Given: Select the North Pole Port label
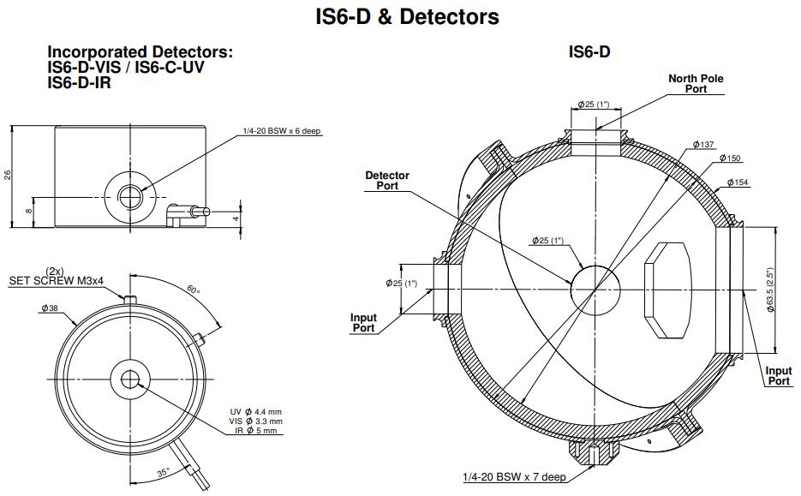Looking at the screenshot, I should point(696,83).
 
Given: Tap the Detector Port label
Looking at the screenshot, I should point(387,180).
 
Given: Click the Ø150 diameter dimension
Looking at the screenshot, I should point(730,158).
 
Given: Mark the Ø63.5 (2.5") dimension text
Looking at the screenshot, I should point(771,289).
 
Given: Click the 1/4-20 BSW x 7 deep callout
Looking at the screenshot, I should point(512,476).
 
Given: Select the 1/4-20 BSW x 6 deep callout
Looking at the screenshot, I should point(282,131).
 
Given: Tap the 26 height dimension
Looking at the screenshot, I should point(9,176).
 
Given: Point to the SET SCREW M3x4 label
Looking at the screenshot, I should point(57,280).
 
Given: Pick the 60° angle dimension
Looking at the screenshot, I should point(194,290).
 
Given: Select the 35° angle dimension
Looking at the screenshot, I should point(163,470).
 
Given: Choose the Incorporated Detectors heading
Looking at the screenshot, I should point(140,52).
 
